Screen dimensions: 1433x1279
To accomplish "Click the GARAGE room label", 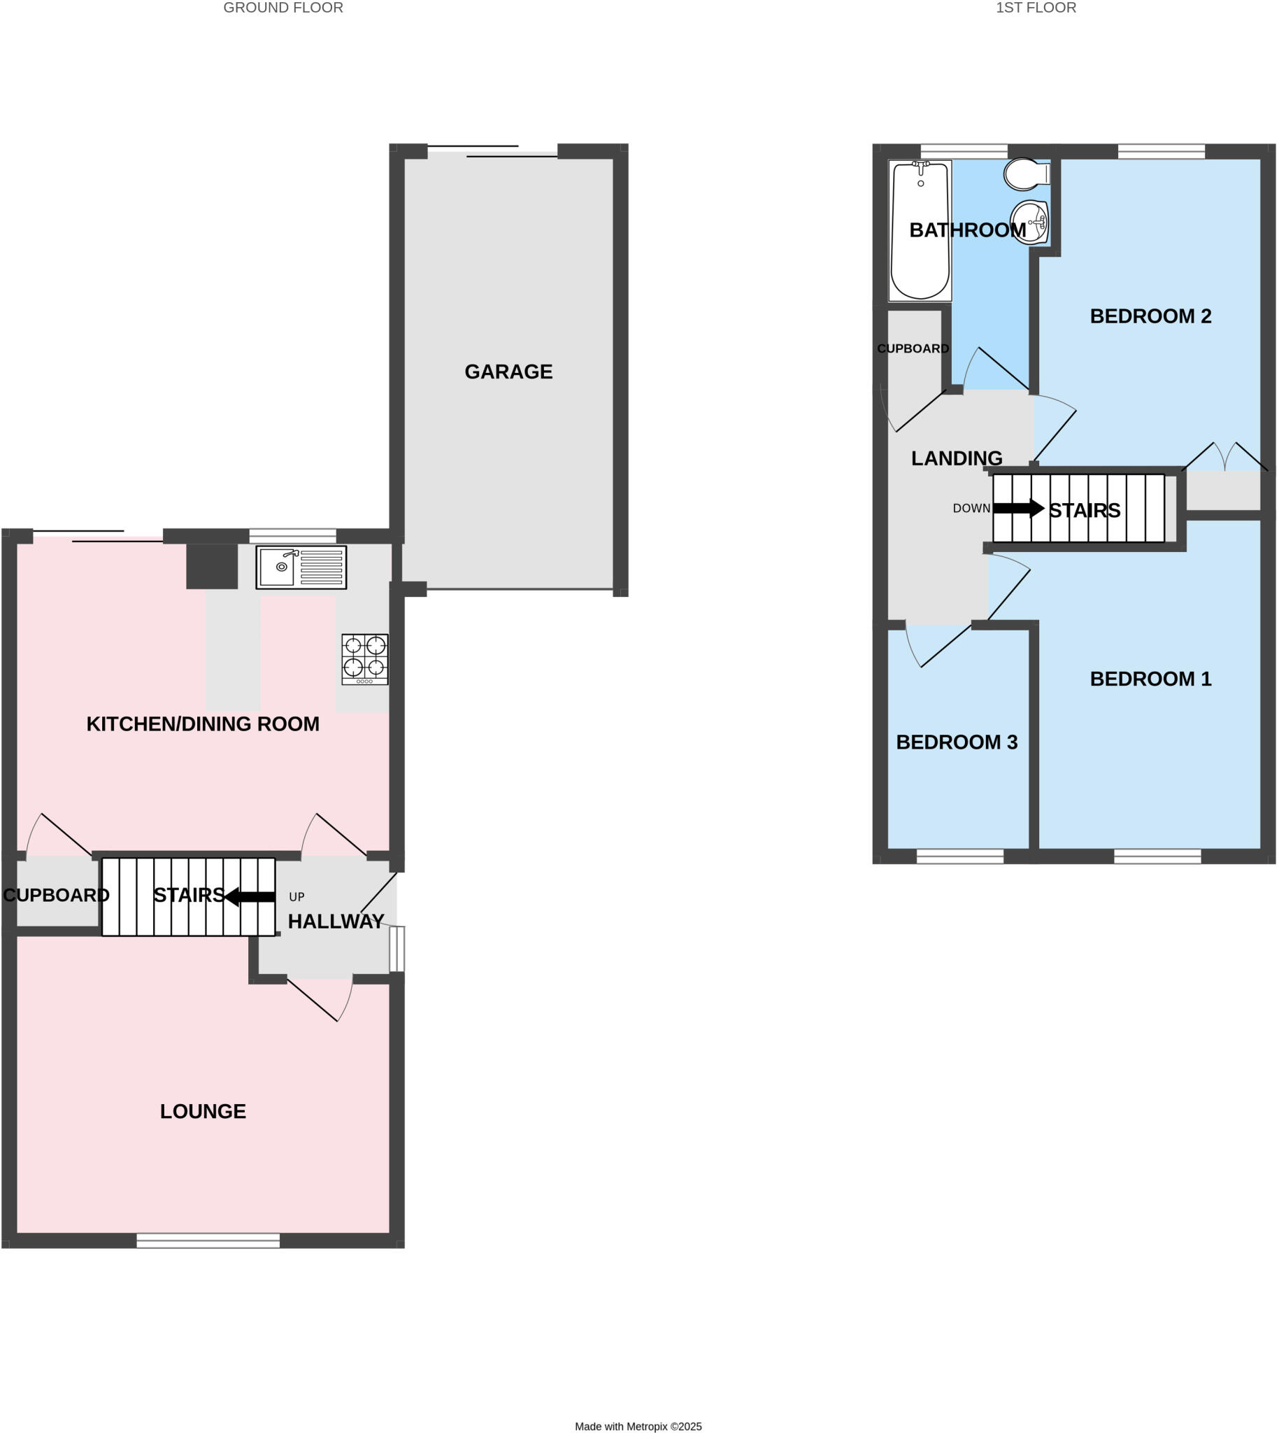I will (x=508, y=372).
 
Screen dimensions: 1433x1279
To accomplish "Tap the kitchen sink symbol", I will (x=301, y=567).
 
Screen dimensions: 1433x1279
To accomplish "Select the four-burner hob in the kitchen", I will (x=365, y=659).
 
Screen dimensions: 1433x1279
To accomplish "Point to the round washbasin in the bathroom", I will (x=1029, y=222).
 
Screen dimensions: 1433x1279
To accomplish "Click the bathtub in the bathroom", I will (x=919, y=231).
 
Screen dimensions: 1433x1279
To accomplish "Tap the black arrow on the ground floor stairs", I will (x=250, y=896).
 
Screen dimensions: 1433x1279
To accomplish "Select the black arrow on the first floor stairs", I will (x=1018, y=508).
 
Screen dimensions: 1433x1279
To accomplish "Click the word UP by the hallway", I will (x=296, y=897).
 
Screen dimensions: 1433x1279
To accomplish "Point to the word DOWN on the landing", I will (x=971, y=509).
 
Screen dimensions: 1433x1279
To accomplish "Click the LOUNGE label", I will (x=203, y=1111).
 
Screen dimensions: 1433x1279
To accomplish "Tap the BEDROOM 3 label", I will (x=957, y=742).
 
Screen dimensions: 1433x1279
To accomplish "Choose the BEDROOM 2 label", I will (x=1150, y=316).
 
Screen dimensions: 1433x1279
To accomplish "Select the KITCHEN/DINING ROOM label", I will (x=203, y=723).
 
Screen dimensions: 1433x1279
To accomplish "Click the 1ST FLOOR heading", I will (x=1036, y=8).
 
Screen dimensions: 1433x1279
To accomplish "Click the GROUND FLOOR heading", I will (x=283, y=8).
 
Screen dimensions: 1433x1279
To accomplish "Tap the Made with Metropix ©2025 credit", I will (x=638, y=1426).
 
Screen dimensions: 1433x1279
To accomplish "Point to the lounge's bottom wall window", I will (x=208, y=1241).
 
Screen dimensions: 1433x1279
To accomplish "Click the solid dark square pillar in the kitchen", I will (x=211, y=566).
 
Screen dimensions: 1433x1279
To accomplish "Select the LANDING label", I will (x=957, y=458).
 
